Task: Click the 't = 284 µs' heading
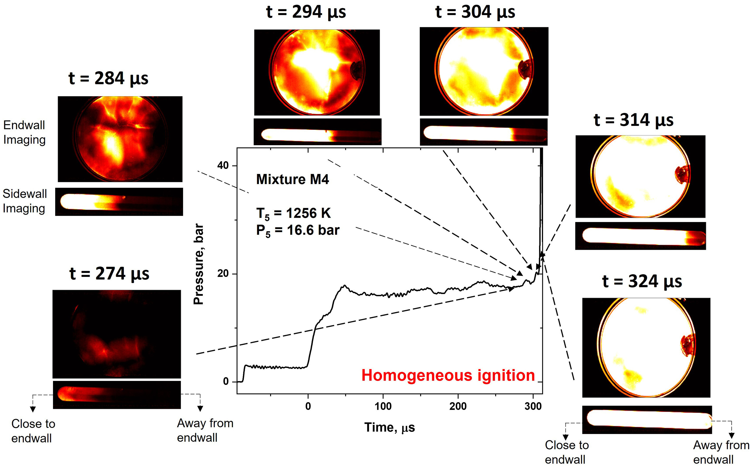pos(108,78)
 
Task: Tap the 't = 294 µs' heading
pos(306,12)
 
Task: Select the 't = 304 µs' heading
pos(475,12)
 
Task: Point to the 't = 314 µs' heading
pos(634,120)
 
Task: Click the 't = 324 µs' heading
pos(642,282)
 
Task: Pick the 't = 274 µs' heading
pos(109,274)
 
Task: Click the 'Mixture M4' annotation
pos(292,179)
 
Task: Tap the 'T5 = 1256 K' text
pos(293,214)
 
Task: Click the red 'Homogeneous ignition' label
pos(448,375)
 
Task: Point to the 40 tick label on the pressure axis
pos(223,166)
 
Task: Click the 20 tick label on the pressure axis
pos(223,274)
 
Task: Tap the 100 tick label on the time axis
pos(383,406)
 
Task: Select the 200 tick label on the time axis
pos(458,406)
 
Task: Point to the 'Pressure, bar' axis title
pos(199,264)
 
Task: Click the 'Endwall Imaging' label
pos(24,133)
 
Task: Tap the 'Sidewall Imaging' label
pos(25,201)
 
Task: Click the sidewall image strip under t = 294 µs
pos(317,132)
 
